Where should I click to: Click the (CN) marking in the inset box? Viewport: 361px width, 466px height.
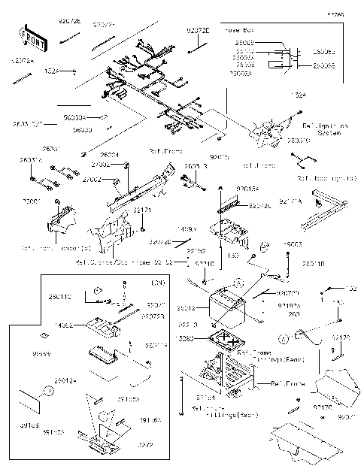[158, 283]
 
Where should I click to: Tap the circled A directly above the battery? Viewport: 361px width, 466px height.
[238, 280]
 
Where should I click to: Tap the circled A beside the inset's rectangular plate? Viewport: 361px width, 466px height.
[46, 392]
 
